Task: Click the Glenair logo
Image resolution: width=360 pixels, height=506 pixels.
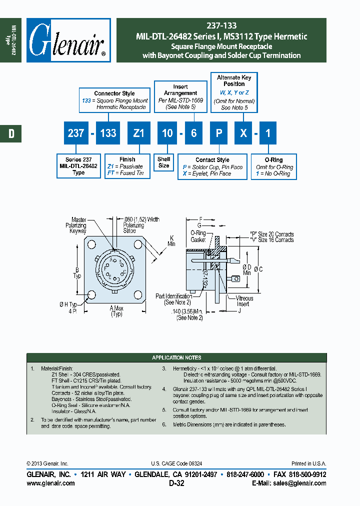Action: coord(68,40)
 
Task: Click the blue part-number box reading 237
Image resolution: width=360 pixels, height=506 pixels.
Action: coord(75,133)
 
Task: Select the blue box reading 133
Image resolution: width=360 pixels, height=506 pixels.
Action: coord(107,133)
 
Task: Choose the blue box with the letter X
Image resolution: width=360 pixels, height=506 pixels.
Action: coord(243,133)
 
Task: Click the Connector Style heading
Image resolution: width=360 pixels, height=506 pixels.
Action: coord(114,93)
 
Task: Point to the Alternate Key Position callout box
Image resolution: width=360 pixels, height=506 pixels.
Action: coord(234,92)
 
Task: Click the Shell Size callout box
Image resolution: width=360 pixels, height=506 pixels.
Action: coord(163,162)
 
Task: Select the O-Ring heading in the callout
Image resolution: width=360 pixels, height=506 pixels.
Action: coord(273,160)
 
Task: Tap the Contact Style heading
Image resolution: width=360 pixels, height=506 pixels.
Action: coord(212,160)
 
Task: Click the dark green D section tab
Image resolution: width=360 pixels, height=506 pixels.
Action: coord(10,133)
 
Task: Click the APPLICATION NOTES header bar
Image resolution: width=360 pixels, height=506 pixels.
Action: coord(176,357)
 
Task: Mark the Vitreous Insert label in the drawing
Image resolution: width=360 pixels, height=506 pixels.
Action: coord(244,301)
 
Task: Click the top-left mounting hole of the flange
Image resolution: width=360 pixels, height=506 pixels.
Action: coord(92,244)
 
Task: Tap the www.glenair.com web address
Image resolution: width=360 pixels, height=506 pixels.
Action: coord(50,483)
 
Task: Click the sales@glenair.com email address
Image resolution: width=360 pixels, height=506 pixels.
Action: coord(298,483)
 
